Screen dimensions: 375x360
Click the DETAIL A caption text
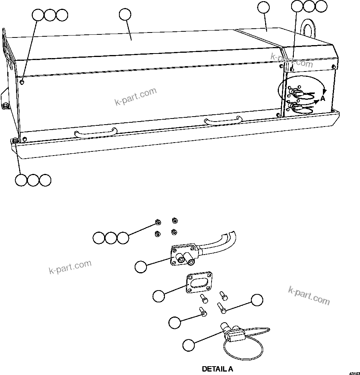(x=217, y=369)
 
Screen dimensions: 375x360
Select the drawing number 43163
(x=353, y=372)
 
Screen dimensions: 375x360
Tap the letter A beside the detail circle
(x=323, y=98)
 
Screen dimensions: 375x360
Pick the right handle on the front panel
(x=223, y=120)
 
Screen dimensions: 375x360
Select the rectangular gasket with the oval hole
(x=199, y=284)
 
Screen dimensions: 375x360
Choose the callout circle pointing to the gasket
(x=158, y=296)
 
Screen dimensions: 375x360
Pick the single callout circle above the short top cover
(x=263, y=7)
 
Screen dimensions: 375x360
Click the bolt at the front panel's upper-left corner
(x=23, y=82)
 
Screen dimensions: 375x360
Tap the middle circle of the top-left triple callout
(x=50, y=15)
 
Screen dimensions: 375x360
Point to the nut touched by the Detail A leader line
(x=157, y=223)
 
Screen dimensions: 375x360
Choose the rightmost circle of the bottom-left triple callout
(x=46, y=180)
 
